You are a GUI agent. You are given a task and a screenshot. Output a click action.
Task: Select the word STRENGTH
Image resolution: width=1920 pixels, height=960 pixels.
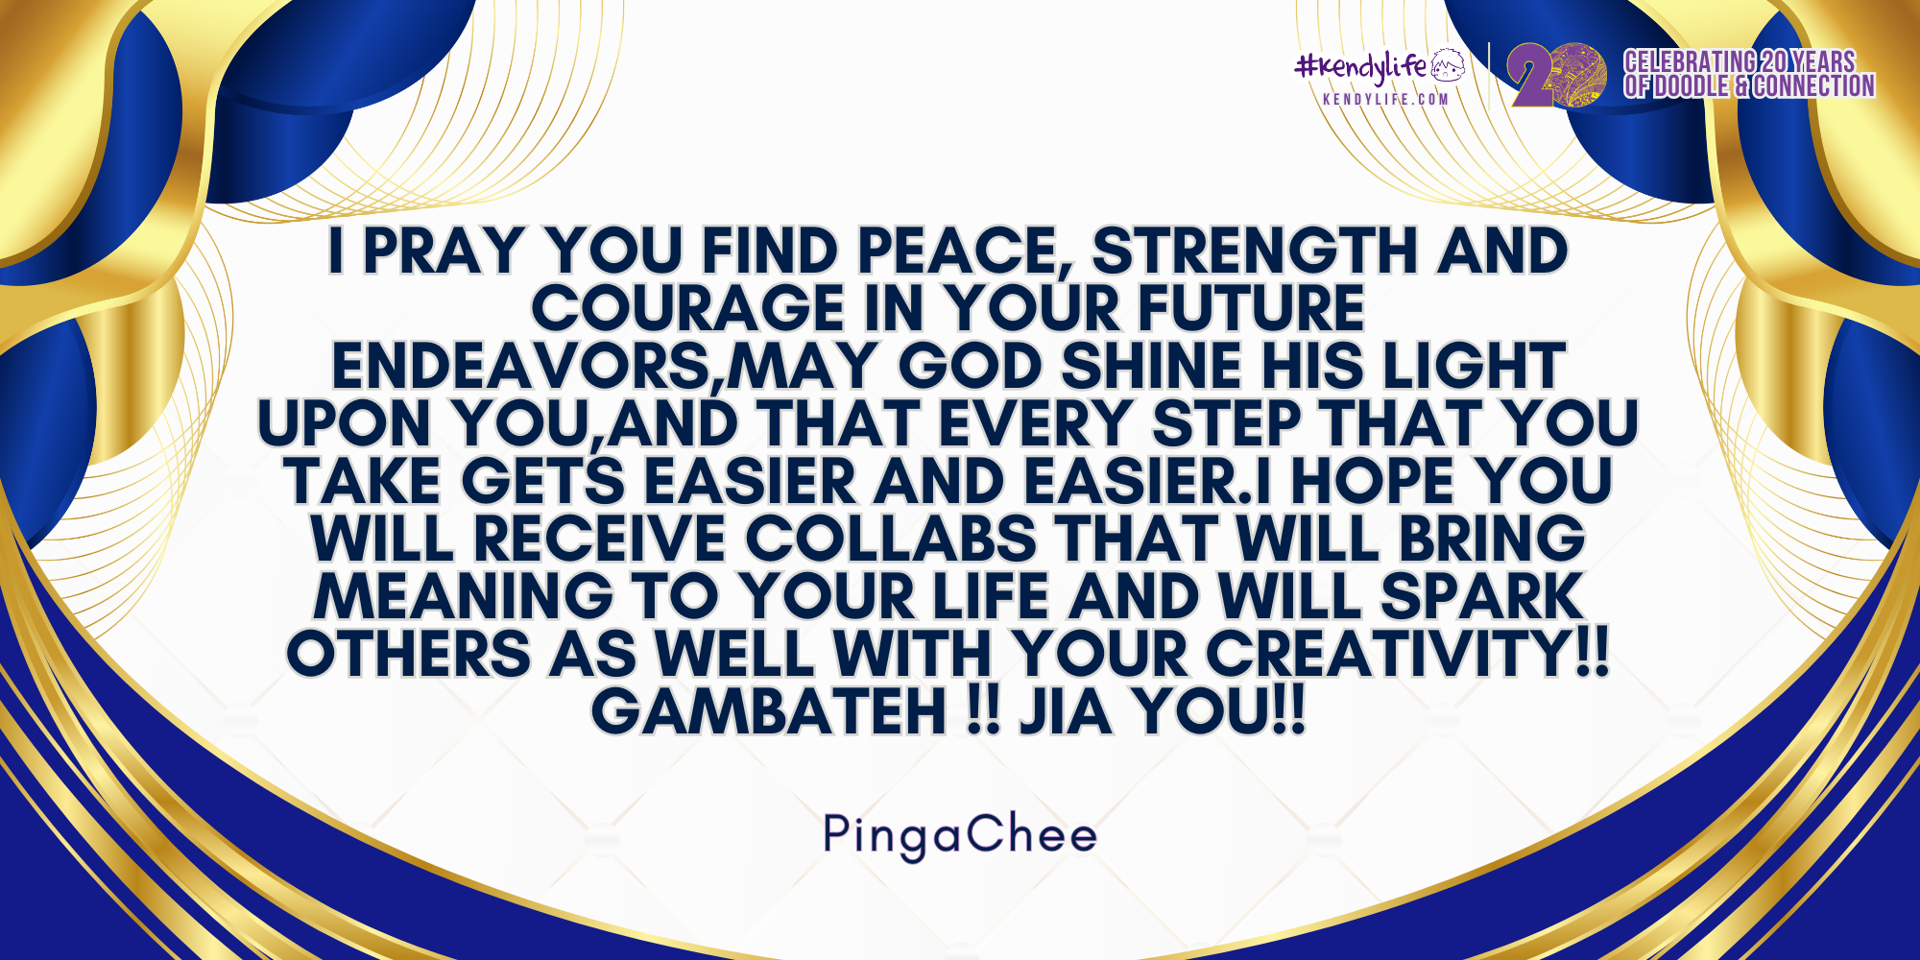pyautogui.click(x=1256, y=252)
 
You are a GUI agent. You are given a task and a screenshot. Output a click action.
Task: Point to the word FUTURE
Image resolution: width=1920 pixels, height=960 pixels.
pyautogui.click(x=1251, y=309)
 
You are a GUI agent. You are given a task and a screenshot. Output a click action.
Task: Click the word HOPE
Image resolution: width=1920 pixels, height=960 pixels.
pyautogui.click(x=1372, y=482)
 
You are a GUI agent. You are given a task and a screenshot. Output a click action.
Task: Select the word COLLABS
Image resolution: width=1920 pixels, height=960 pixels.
pyautogui.click(x=891, y=540)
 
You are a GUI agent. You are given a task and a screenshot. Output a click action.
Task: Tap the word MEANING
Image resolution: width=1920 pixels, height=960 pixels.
pyautogui.click(x=464, y=597)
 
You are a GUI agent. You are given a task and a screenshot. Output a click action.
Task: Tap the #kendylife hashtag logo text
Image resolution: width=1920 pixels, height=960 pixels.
pyautogui.click(x=1361, y=67)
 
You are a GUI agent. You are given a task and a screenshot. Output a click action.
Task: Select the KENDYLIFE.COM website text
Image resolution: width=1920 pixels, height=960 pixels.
pyautogui.click(x=1385, y=99)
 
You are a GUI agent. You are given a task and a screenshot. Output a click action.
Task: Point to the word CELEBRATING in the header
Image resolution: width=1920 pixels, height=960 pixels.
pyautogui.click(x=1690, y=61)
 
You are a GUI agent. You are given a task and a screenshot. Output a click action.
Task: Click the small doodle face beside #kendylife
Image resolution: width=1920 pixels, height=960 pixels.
pyautogui.click(x=1449, y=65)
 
